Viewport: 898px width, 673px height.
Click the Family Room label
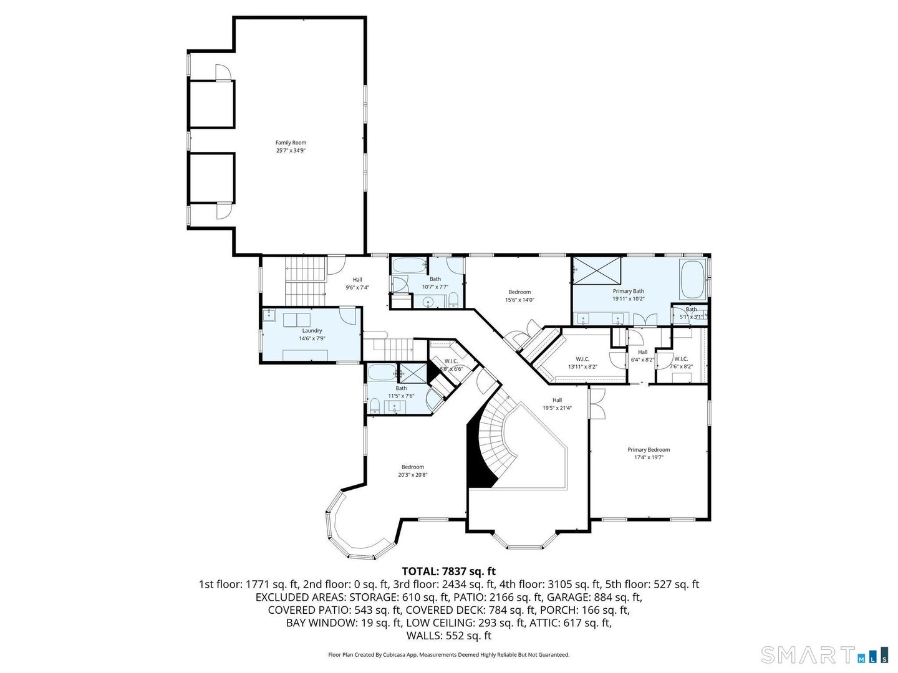(291, 143)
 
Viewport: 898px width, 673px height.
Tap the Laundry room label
(312, 331)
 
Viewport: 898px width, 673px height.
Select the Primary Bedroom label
(649, 450)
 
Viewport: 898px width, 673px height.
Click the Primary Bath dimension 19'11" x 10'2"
(628, 299)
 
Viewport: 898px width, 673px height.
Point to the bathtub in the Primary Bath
(692, 280)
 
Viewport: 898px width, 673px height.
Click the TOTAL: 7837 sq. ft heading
(448, 571)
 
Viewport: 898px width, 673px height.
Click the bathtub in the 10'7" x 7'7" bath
(408, 265)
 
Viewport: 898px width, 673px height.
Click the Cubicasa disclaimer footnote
(448, 655)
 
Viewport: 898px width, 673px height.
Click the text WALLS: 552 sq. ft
(448, 636)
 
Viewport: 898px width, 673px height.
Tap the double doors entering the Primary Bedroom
(597, 403)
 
